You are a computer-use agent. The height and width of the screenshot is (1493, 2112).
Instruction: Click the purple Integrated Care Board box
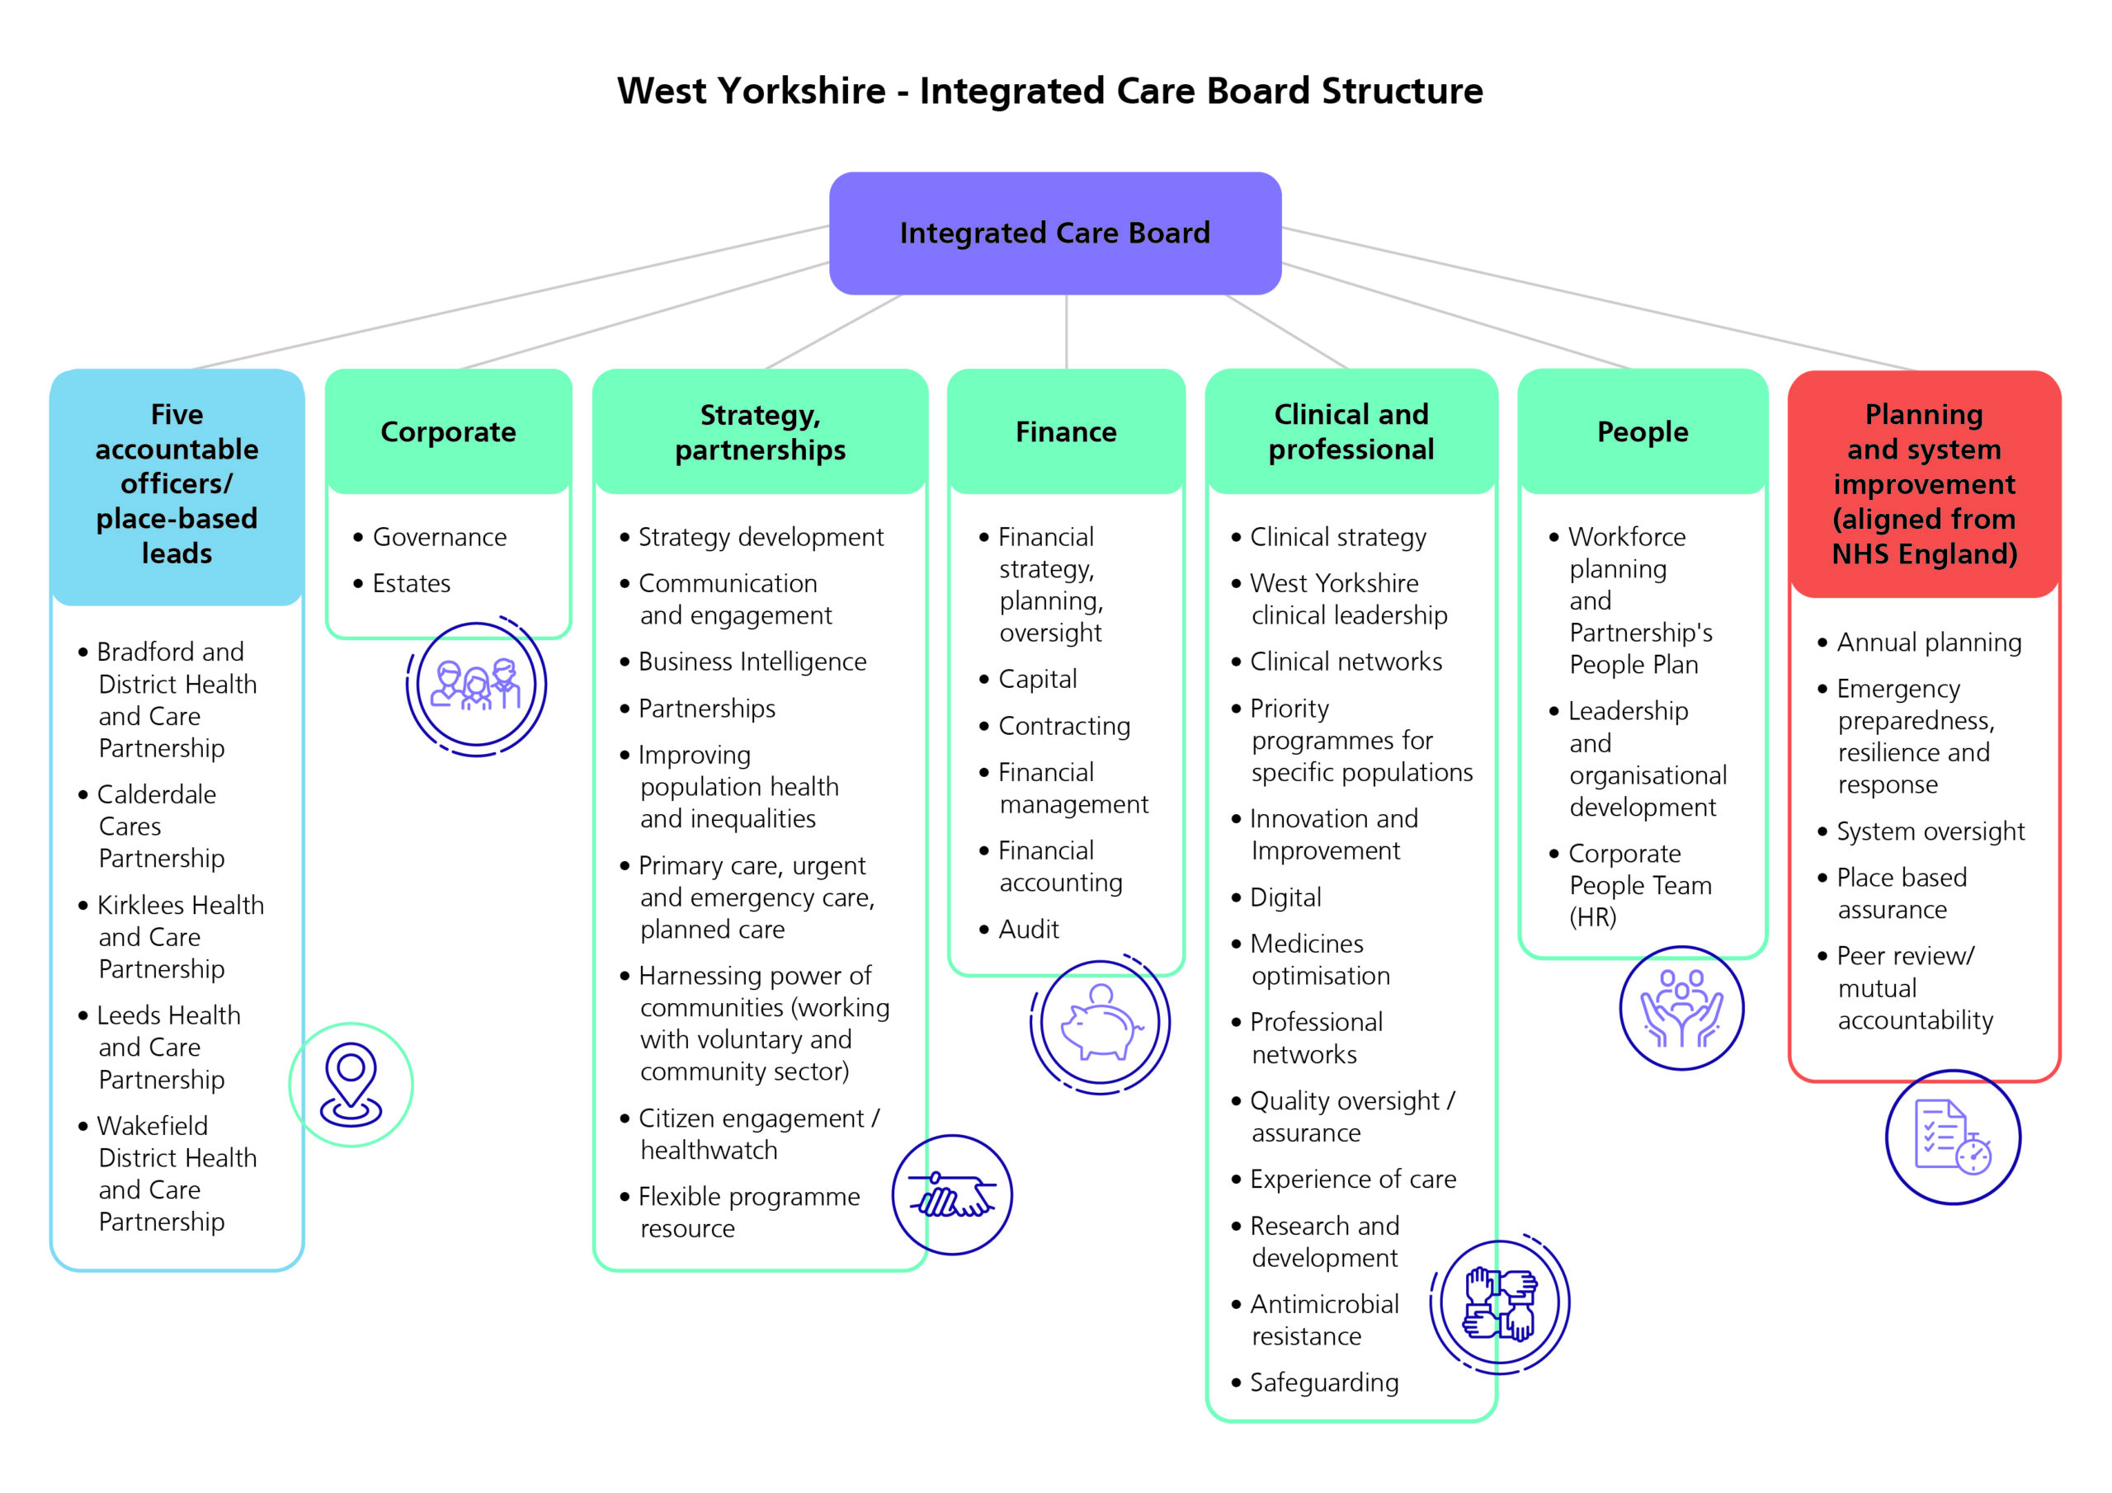[x=1054, y=233]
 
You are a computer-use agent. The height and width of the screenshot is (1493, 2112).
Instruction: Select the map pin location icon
[x=351, y=1085]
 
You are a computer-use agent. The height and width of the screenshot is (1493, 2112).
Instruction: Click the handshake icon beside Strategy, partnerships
[x=952, y=1195]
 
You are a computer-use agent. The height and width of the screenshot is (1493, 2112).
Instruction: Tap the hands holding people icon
[x=1681, y=1008]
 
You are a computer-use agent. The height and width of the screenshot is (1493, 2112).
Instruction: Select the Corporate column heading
[x=448, y=431]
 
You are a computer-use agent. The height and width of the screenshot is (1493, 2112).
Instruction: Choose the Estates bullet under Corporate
[x=411, y=583]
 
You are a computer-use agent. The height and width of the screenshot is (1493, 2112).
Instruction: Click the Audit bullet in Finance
[x=1029, y=929]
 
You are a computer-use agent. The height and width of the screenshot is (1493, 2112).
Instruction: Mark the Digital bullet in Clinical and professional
[x=1285, y=897]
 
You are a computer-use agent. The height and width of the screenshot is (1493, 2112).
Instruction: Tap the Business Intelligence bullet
[x=752, y=662]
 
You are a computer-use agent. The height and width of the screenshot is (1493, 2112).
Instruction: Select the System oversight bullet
[x=1930, y=831]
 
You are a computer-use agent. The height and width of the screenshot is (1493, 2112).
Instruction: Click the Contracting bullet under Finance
[x=1064, y=726]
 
